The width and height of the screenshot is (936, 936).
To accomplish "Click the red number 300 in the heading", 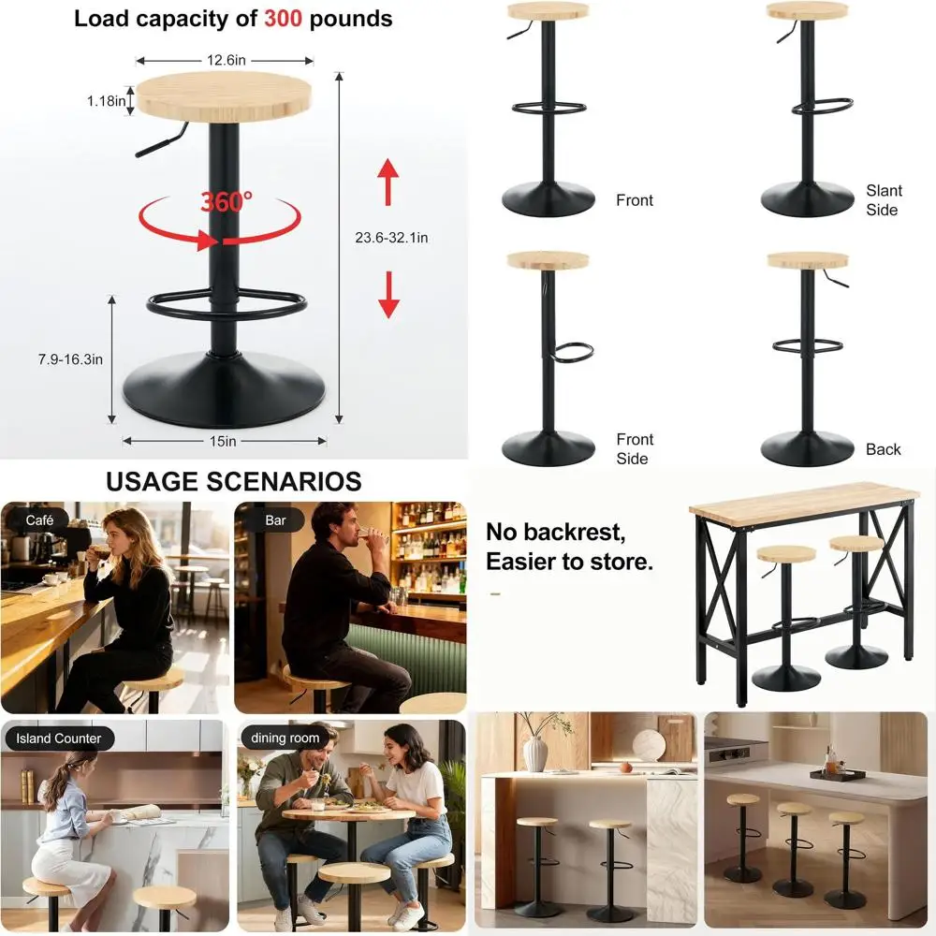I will [283, 19].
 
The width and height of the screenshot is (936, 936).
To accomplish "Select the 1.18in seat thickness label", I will [107, 101].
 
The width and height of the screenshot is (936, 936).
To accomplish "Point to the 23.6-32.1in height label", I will [391, 238].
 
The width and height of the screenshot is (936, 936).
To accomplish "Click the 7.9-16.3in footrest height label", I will [71, 359].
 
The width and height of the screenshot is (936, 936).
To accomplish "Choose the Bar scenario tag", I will [275, 519].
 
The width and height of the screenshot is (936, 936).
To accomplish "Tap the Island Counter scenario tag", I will [58, 739].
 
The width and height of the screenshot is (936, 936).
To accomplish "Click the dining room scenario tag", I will [285, 739].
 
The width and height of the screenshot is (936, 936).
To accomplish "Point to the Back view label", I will [883, 449].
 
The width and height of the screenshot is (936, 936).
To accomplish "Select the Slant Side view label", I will [883, 200].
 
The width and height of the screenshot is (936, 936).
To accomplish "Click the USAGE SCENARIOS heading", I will [233, 482].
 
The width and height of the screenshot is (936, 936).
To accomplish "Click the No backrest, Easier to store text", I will [569, 548].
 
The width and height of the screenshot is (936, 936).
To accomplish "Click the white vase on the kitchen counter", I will [535, 753].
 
